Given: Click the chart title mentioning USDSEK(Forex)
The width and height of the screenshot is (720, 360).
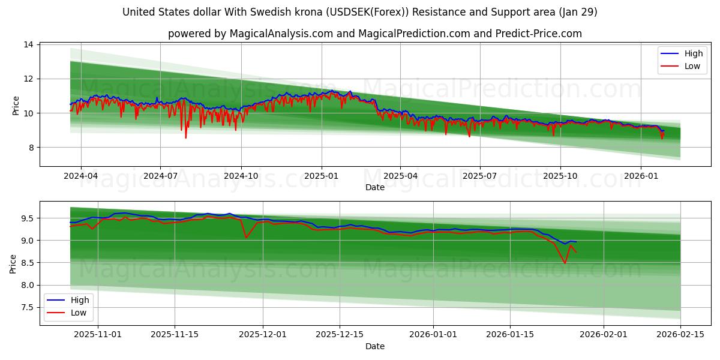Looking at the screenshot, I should [x=359, y=12].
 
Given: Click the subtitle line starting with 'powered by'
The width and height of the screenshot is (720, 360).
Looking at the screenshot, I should [x=374, y=34].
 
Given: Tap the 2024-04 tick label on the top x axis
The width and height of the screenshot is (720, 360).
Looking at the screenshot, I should [x=80, y=176].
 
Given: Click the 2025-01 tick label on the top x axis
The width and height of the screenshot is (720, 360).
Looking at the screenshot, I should [x=322, y=176].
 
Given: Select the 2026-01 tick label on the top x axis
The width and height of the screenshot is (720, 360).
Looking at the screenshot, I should [x=641, y=176].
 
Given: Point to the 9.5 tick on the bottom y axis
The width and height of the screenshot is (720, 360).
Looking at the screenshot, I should [x=28, y=218].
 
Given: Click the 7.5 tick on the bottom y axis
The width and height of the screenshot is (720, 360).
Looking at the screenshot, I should [x=28, y=307].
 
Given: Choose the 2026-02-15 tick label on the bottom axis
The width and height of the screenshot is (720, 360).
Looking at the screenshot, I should [x=680, y=335].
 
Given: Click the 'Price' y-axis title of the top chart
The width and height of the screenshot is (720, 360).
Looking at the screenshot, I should [x=16, y=106].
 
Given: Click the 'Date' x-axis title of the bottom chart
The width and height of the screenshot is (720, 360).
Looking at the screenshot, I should [x=374, y=346].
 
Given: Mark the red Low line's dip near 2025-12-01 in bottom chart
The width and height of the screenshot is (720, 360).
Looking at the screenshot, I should [x=246, y=238].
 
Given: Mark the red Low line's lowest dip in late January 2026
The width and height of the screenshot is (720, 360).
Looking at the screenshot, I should [x=565, y=263].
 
